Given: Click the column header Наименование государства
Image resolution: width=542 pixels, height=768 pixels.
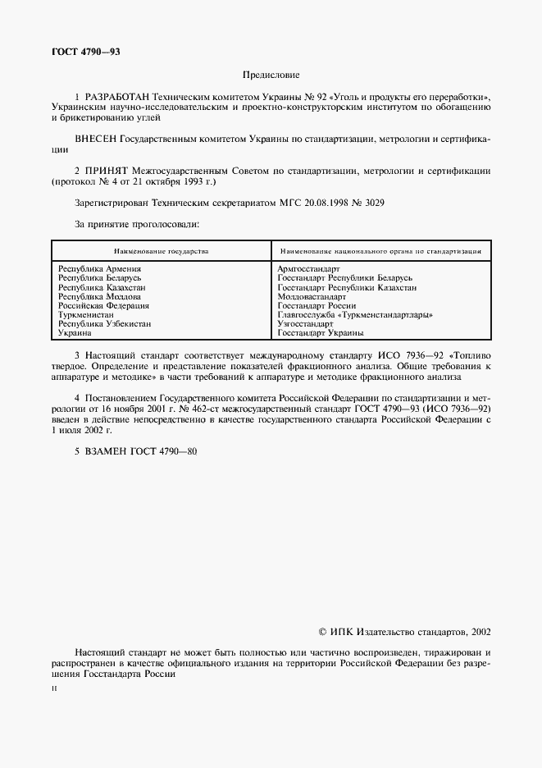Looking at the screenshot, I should click(x=161, y=250).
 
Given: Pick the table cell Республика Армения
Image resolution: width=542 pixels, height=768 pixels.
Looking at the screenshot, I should click(x=99, y=269).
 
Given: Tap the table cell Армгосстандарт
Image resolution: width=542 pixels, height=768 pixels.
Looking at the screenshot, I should click(x=308, y=269).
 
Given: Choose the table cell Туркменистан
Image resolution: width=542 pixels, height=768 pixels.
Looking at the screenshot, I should click(x=89, y=314).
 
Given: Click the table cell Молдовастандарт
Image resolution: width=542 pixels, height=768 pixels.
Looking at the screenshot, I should click(x=312, y=296).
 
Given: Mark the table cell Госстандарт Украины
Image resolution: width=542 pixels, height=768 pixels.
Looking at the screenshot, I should click(x=320, y=333).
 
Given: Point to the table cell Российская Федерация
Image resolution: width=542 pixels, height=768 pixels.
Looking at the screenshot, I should click(x=103, y=305).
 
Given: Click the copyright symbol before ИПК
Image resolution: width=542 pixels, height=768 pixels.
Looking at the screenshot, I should click(x=321, y=633).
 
